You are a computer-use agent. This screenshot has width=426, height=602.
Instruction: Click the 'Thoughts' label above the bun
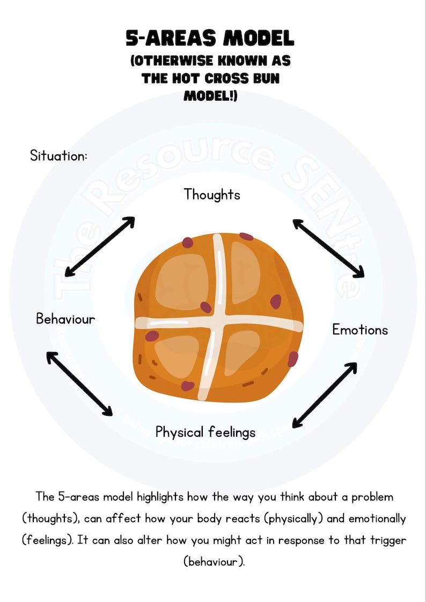[212, 194]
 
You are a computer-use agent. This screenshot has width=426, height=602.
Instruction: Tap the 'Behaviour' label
[65, 319]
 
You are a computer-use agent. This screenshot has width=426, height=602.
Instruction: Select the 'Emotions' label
[359, 329]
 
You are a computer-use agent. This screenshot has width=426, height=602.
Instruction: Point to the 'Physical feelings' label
[205, 432]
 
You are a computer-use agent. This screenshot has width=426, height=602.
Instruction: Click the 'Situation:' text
[58, 156]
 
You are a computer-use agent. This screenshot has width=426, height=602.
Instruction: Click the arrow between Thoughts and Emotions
[328, 248]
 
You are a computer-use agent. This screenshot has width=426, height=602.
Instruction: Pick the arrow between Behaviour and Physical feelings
[79, 383]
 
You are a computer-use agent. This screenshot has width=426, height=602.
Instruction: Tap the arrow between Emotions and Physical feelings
[325, 395]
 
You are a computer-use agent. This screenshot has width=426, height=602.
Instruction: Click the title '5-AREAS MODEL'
[210, 39]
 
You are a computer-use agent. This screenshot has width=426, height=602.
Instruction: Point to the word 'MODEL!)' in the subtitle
[210, 96]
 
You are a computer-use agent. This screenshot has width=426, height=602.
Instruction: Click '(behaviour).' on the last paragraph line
[214, 562]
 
